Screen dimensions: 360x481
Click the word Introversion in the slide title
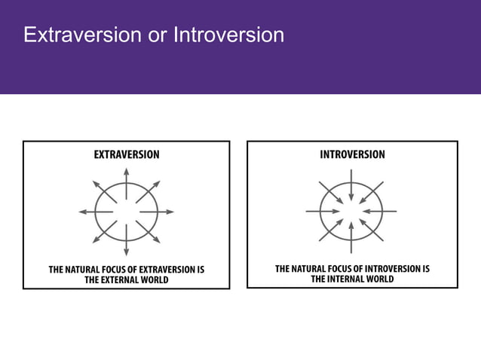pyautogui.click(x=228, y=35)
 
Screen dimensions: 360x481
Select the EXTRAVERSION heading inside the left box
pyautogui.click(x=126, y=154)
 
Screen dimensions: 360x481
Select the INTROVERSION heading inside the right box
pyautogui.click(x=352, y=154)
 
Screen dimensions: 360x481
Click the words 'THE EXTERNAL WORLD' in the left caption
pyautogui.click(x=126, y=279)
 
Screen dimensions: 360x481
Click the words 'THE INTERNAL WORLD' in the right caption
pyautogui.click(x=352, y=278)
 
